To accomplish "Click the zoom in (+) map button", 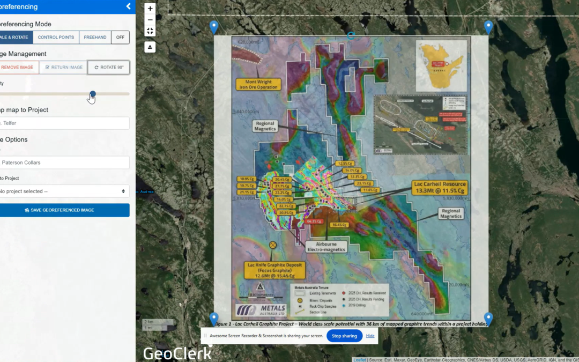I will [150, 9].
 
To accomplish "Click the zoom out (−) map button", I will [150, 20].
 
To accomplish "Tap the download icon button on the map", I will [150, 47].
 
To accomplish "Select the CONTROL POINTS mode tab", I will [56, 38].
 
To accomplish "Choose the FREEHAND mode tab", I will [95, 38].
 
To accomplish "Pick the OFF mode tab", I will [121, 38].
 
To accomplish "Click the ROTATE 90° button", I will [109, 68].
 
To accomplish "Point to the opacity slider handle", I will [93, 94].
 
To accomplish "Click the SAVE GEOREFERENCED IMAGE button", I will [64, 210].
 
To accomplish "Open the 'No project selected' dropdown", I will [64, 191].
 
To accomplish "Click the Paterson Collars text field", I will [64, 162].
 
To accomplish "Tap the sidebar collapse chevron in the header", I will [128, 6].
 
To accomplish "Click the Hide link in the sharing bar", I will [370, 336].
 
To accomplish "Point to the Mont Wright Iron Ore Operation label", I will [258, 84].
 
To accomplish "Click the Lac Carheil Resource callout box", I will [439, 187].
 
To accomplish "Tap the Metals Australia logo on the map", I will [261, 310].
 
